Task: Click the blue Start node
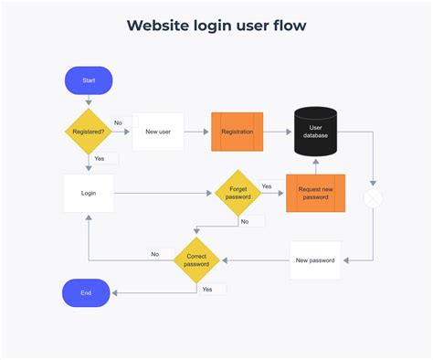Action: [x=89, y=80]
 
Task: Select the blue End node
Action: [x=86, y=293]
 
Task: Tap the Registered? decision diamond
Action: [x=89, y=132]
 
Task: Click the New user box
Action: [x=158, y=132]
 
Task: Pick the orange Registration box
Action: [x=237, y=132]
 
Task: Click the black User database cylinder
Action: [x=316, y=131]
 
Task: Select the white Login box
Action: [x=89, y=193]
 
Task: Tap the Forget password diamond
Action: [x=238, y=193]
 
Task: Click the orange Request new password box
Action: [x=315, y=193]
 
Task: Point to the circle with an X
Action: [x=373, y=199]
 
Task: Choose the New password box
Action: [x=315, y=260]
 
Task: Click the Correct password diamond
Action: [x=197, y=260]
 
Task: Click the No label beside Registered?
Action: [x=119, y=122]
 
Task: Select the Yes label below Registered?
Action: [x=100, y=158]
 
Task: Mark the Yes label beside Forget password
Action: [x=267, y=186]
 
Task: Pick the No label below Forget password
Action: [x=245, y=221]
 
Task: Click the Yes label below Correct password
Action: [x=207, y=289]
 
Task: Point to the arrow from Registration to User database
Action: [x=279, y=132]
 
